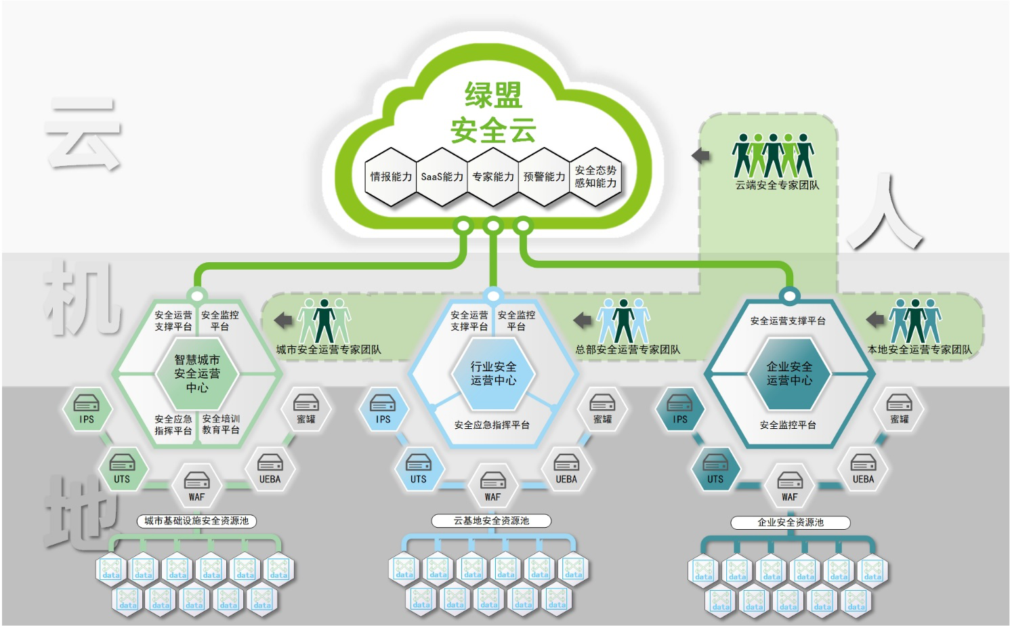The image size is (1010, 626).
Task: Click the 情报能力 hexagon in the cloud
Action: pyautogui.click(x=391, y=177)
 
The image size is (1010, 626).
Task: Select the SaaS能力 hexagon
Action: pyautogui.click(x=442, y=177)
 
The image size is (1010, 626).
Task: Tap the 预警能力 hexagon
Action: pyautogui.click(x=544, y=177)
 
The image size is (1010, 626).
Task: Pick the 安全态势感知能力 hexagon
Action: pyautogui.click(x=595, y=177)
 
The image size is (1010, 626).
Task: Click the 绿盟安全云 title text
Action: pyautogui.click(x=493, y=112)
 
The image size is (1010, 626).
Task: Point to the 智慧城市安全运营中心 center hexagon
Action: pyautogui.click(x=197, y=373)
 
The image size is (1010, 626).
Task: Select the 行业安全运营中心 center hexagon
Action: pyautogui.click(x=493, y=373)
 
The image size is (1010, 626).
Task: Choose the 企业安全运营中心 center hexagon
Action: pyautogui.click(x=789, y=373)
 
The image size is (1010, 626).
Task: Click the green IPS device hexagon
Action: pyautogui.click(x=87, y=409)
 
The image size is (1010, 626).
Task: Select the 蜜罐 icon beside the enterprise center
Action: pyautogui.click(x=899, y=409)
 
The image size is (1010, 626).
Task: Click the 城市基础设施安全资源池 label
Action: pyautogui.click(x=196, y=521)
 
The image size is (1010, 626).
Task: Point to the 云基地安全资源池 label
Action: pyautogui.click(x=491, y=521)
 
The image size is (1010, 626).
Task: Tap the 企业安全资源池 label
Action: pyautogui.click(x=790, y=522)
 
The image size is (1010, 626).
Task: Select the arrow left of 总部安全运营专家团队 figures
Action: pyautogui.click(x=583, y=320)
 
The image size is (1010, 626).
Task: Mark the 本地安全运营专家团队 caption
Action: pyautogui.click(x=919, y=350)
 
